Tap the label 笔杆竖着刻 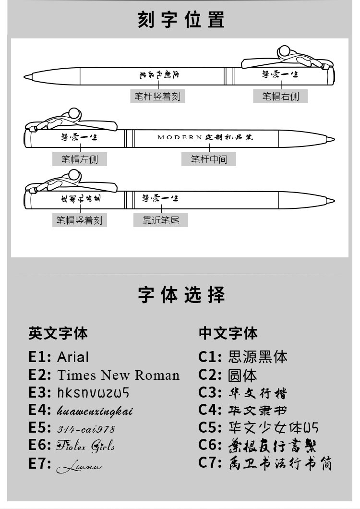[157, 96]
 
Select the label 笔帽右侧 [280, 96]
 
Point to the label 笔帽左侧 [80, 158]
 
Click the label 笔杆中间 [209, 158]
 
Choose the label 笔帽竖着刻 [80, 220]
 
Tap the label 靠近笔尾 [161, 220]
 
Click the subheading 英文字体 [58, 333]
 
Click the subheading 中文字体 [228, 333]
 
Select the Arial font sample [73, 357]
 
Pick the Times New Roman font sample [118, 375]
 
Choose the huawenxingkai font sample [95, 411]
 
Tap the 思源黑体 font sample [258, 357]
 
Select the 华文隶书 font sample [258, 411]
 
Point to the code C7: [210, 463]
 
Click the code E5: [40, 428]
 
